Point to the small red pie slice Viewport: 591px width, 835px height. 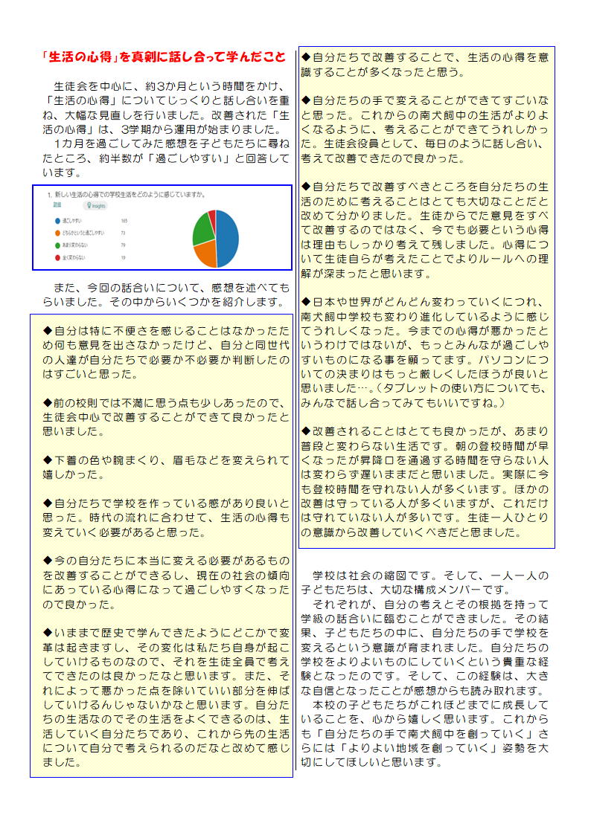(x=212, y=216)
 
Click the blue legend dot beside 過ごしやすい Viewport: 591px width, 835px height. (x=57, y=221)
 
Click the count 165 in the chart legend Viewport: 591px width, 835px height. (x=124, y=221)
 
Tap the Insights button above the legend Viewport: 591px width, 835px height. (x=96, y=204)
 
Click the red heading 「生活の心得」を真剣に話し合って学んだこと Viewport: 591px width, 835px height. (x=163, y=57)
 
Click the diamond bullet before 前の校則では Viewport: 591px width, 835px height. (x=48, y=402)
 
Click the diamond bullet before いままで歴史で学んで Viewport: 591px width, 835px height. (x=48, y=632)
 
